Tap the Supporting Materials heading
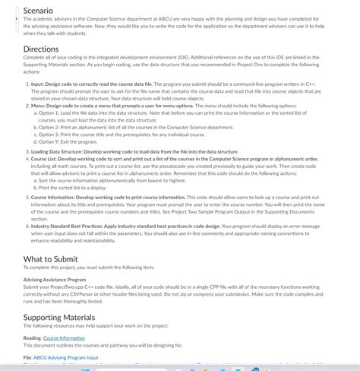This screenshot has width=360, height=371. pos(59,317)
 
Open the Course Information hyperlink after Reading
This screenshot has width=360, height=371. pos(64,338)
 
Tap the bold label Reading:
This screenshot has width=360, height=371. pos(32,338)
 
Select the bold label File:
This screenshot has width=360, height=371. pos(27,357)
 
